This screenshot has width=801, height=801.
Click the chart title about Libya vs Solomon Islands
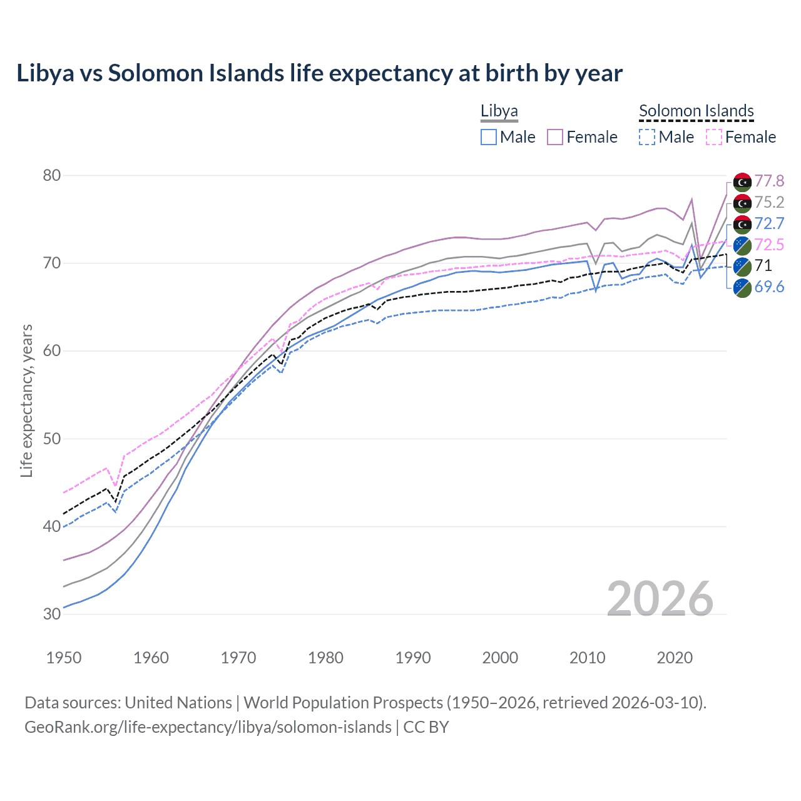tap(319, 73)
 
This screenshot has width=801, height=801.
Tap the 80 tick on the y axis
tap(52, 175)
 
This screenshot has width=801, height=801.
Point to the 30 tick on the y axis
tap(52, 614)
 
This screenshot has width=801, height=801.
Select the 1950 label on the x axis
tap(64, 658)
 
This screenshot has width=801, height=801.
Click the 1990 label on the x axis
tap(413, 658)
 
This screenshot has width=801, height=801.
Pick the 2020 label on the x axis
tap(675, 658)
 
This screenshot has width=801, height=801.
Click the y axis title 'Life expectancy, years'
tap(26, 400)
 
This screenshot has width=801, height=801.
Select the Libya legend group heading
tap(499, 111)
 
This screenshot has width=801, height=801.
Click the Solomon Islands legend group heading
tap(696, 111)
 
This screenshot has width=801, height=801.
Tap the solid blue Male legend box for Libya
tap(489, 137)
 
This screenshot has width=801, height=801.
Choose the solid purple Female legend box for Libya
tap(555, 137)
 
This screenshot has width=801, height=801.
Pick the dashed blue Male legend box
tap(647, 137)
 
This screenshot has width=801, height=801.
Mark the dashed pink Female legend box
tap(714, 137)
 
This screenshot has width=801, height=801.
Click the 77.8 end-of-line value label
tap(769, 181)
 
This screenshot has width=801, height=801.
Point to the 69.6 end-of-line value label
tap(769, 287)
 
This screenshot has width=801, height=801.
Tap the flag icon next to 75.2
tap(742, 203)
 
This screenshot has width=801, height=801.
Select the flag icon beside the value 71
tap(742, 266)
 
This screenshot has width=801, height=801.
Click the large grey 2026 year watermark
tap(660, 599)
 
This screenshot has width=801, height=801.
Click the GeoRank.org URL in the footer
tap(208, 727)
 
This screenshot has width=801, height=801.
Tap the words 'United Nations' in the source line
tap(178, 703)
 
